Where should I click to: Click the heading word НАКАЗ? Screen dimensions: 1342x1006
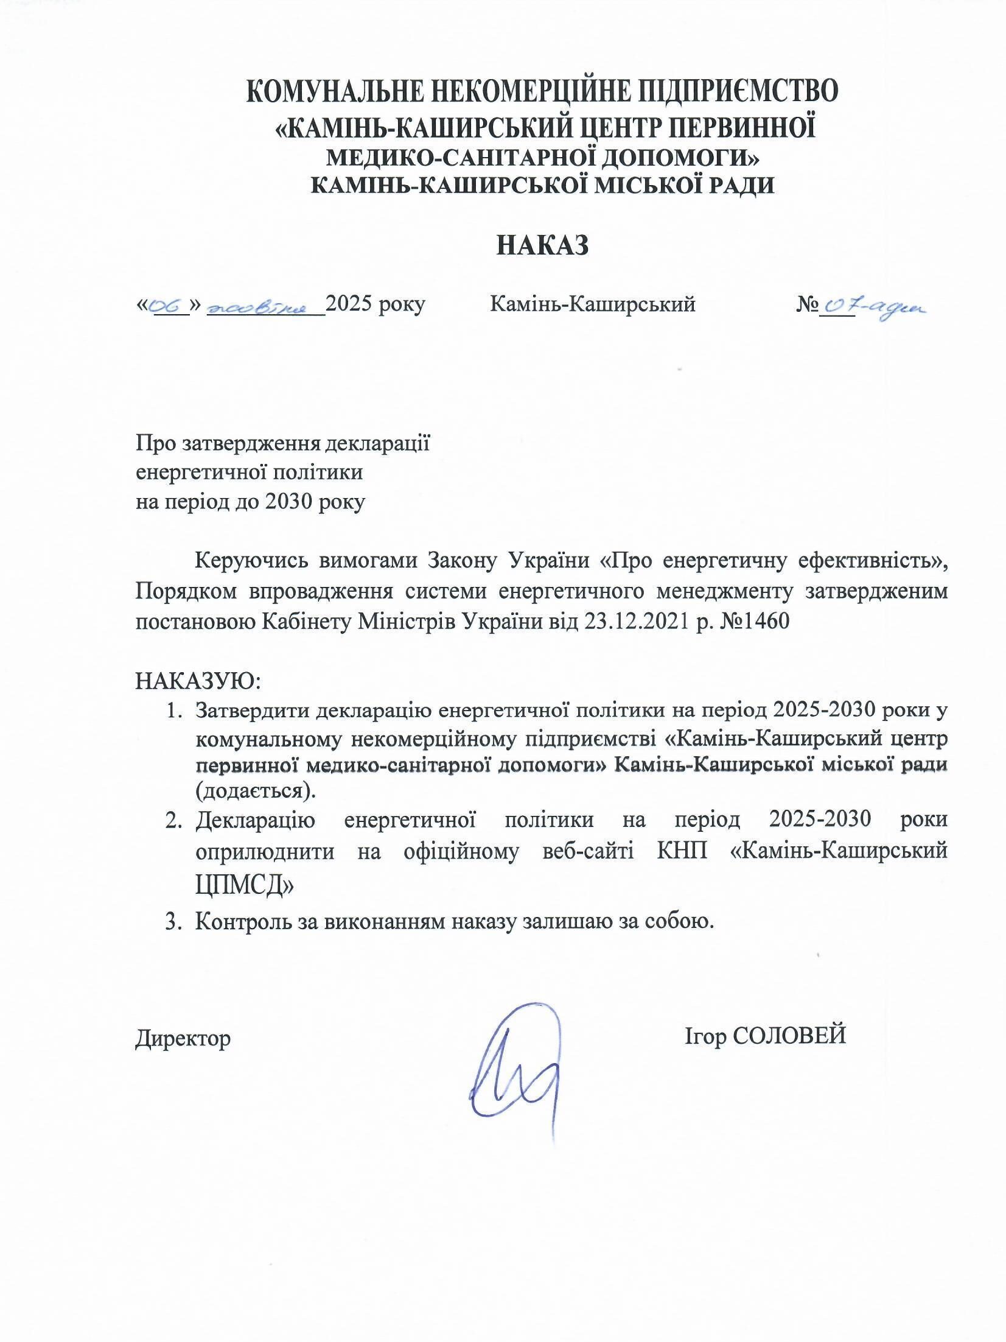point(543,245)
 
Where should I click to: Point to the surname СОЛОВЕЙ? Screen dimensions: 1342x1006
point(789,1035)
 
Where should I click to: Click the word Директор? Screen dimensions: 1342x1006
point(183,1037)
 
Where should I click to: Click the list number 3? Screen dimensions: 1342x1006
point(172,921)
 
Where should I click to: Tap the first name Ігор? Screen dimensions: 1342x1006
point(704,1035)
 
